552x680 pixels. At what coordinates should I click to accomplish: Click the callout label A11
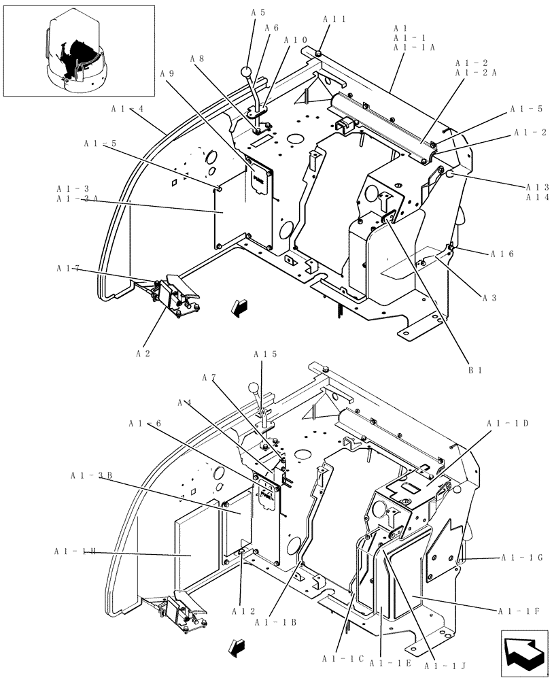pyautogui.click(x=334, y=19)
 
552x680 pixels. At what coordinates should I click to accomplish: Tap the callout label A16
pyautogui.click(x=502, y=254)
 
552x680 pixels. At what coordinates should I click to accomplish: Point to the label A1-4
pyautogui.click(x=127, y=108)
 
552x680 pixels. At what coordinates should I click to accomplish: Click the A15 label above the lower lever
pyautogui.click(x=265, y=354)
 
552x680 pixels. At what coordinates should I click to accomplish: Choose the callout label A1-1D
pyautogui.click(x=508, y=423)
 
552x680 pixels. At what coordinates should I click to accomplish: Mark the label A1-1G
pyautogui.click(x=521, y=558)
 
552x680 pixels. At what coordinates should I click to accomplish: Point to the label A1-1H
pyautogui.click(x=75, y=551)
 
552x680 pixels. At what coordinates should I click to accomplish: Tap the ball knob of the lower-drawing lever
pyautogui.click(x=254, y=389)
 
